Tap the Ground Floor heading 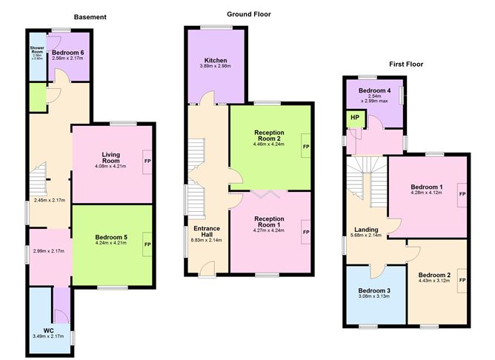point(249,14)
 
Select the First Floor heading point(407,64)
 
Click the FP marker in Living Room point(147,161)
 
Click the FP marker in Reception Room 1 point(305,233)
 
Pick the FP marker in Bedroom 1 point(462,193)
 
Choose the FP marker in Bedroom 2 point(462,281)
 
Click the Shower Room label point(37,50)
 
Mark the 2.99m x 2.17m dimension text point(49,251)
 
